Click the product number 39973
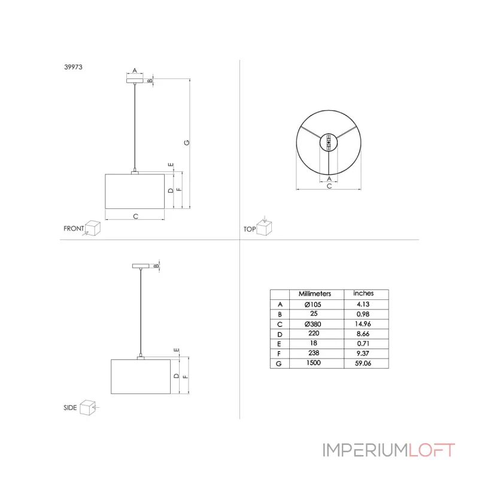tap(73, 67)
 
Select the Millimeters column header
tap(315, 294)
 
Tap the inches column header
tap(363, 293)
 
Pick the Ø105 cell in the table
tap(313, 305)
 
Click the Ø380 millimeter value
tap(313, 324)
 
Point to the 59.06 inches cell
tap(363, 363)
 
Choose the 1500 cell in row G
tap(313, 363)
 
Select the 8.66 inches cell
tap(363, 334)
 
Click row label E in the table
tap(279, 344)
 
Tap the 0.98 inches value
tap(363, 314)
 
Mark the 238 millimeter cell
tap(314, 353)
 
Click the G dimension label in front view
tap(187, 143)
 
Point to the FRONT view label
tap(74, 229)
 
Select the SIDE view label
tap(70, 408)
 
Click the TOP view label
tap(250, 229)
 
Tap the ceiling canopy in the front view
tap(135, 81)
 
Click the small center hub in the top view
tap(329, 143)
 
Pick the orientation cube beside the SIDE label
tap(87, 408)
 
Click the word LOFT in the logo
tap(431, 450)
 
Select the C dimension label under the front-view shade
tap(136, 216)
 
